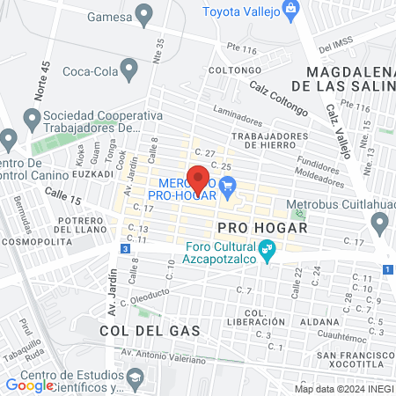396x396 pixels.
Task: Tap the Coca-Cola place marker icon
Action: point(130,68)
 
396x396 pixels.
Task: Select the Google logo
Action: point(30,384)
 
